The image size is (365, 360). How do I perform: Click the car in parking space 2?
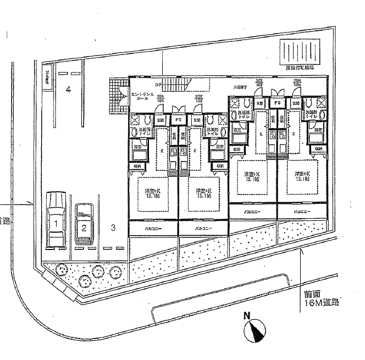(84, 224)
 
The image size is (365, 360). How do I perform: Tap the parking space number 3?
(112, 226)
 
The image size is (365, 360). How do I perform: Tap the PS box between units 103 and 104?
(278, 103)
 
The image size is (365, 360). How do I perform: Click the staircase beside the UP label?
(176, 85)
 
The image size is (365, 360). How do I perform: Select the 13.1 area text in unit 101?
(152, 195)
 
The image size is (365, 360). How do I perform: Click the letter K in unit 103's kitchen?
(262, 134)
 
